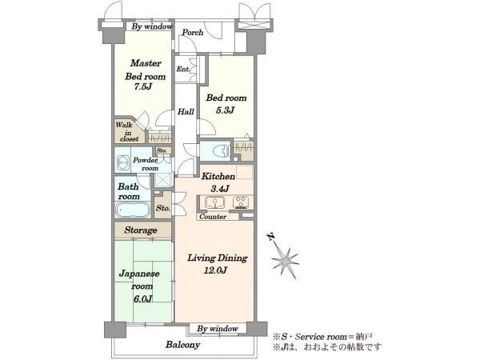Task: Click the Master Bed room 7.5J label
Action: (x=145, y=75)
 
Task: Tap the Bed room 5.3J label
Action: (x=226, y=104)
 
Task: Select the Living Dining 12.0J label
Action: (x=217, y=264)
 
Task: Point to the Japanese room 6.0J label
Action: (x=139, y=286)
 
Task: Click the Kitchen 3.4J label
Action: (x=218, y=182)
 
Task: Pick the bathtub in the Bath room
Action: (x=133, y=210)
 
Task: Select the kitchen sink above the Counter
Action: (x=215, y=202)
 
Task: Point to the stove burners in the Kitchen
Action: (x=241, y=202)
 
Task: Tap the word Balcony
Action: (x=182, y=345)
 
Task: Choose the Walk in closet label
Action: (x=127, y=132)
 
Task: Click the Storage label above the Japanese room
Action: (x=141, y=230)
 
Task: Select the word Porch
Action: (x=193, y=32)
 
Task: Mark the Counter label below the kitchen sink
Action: (x=213, y=217)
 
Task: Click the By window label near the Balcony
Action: (x=218, y=329)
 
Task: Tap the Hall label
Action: (x=186, y=111)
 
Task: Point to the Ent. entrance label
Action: (x=183, y=69)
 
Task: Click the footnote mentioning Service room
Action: (x=323, y=337)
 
